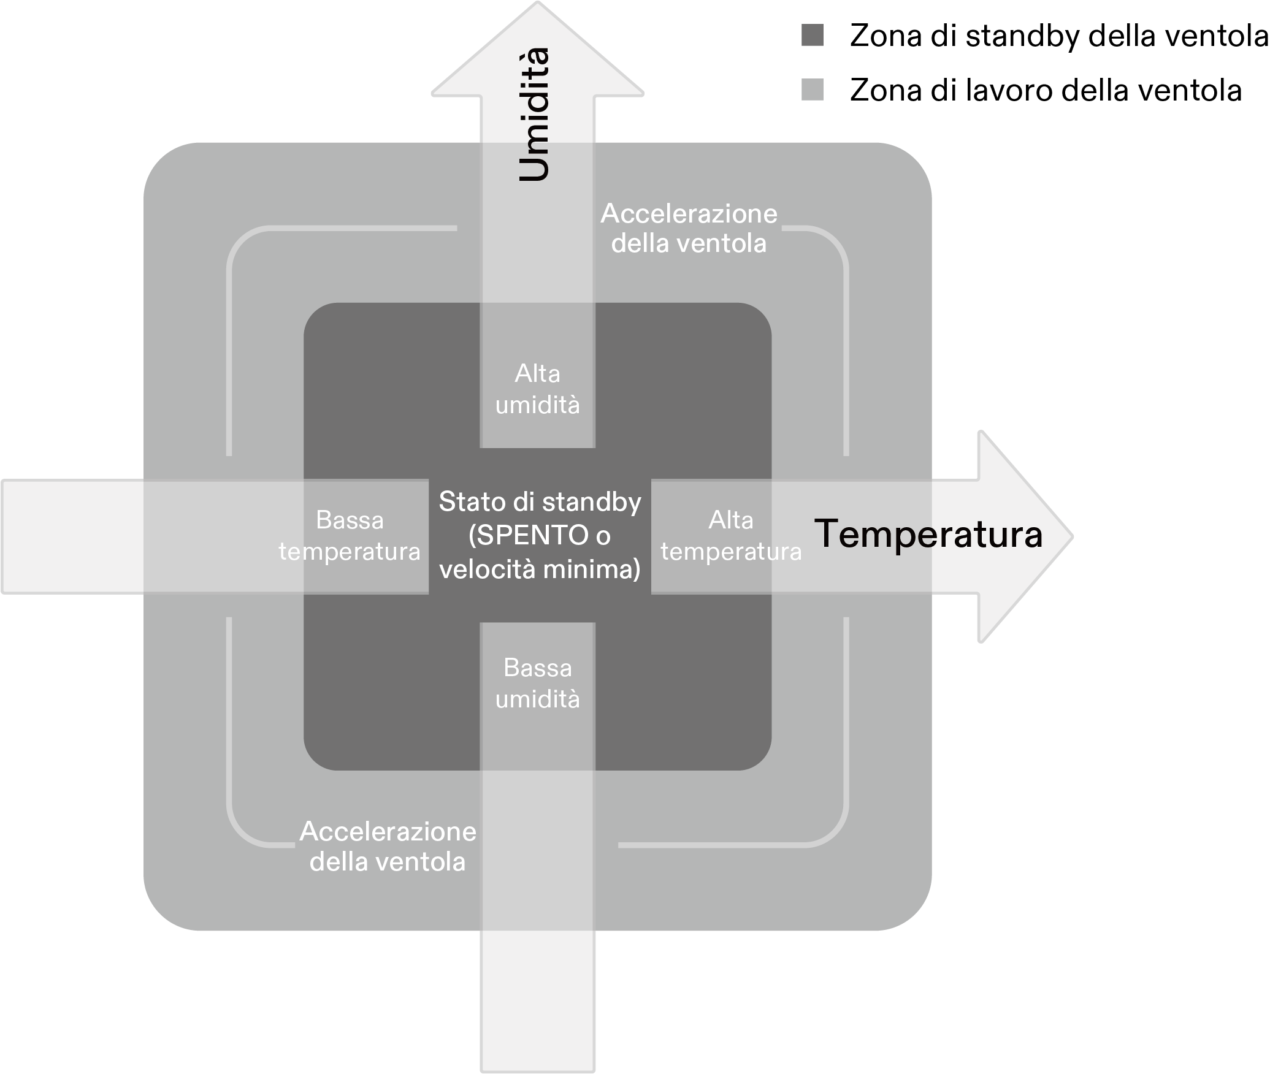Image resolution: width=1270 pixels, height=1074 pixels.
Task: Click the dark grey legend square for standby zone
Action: coord(813,36)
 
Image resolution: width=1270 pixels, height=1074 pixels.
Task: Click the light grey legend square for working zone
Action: coord(813,89)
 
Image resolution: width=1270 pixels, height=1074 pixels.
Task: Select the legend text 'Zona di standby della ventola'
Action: coord(1059,36)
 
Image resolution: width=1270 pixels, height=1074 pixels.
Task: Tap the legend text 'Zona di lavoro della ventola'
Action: coord(1046,90)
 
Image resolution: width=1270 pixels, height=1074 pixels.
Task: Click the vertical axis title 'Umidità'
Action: coord(534,114)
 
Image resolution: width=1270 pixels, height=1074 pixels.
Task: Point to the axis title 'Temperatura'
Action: coord(928,534)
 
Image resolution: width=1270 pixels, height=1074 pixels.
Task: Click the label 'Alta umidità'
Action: coord(538,389)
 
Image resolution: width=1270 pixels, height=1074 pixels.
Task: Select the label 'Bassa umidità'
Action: coord(538,684)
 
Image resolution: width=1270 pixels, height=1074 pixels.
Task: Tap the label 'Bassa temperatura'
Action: coord(350,536)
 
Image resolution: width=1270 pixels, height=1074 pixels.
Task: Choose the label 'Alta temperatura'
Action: coord(731,536)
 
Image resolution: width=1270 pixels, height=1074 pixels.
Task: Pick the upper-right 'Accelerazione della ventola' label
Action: coord(689,229)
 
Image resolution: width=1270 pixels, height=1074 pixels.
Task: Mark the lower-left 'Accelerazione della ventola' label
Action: coord(388,847)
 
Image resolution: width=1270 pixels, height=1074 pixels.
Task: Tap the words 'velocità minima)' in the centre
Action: coord(540,569)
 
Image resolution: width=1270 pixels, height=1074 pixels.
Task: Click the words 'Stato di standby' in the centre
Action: coord(540,502)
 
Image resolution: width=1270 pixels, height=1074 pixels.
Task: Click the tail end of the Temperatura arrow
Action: coord(4,536)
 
